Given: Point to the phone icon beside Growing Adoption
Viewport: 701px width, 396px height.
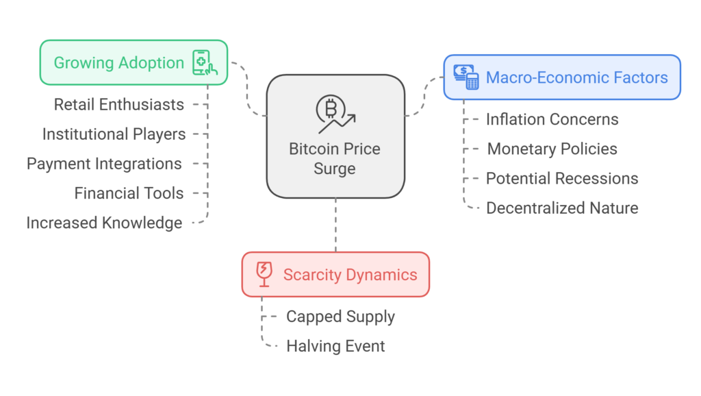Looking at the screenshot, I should click(205, 62).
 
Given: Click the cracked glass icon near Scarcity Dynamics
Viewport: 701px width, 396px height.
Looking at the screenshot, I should click(264, 274).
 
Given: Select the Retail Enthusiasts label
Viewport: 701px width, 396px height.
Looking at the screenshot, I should click(118, 105).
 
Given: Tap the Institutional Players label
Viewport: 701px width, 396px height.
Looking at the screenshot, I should click(114, 134).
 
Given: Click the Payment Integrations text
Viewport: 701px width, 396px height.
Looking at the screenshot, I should click(104, 164).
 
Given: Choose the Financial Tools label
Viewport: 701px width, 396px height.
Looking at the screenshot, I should click(129, 193).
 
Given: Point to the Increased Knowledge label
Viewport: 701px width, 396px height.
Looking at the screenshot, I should click(104, 223).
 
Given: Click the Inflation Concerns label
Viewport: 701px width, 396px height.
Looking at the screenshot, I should click(552, 119).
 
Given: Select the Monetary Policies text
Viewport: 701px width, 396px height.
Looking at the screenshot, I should click(552, 149).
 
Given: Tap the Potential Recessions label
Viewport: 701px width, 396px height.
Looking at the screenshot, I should click(562, 178).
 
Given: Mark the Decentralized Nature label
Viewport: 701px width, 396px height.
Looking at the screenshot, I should click(562, 208).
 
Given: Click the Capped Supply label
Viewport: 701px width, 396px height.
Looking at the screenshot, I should click(340, 317).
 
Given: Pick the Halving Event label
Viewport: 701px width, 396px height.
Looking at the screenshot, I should click(335, 346).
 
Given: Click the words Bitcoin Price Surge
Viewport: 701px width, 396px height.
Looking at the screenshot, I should click(335, 158).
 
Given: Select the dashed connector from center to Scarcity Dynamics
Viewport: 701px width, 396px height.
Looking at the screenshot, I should click(335, 225).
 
